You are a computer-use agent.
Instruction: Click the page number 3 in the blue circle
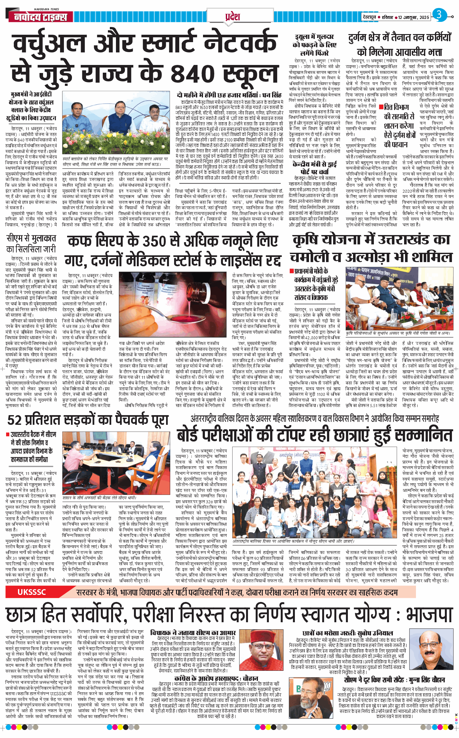[x=439, y=15]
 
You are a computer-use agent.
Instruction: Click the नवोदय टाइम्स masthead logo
[x=41, y=17]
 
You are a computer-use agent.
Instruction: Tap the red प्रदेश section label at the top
[x=233, y=16]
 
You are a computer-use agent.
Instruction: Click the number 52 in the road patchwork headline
[x=14, y=420]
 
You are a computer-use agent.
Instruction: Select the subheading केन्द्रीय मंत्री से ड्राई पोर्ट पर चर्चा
[x=314, y=168]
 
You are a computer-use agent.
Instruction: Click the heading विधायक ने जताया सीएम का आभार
[x=193, y=633]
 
